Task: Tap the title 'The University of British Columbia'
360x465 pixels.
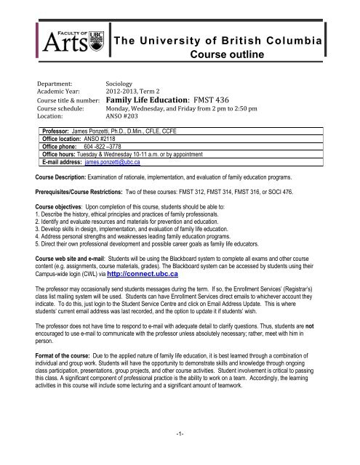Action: click(231, 40)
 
